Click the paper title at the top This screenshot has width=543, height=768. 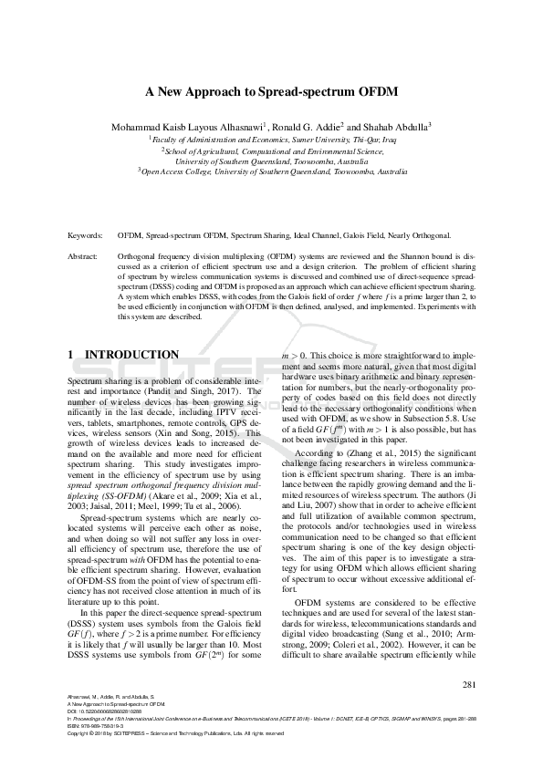pos(271,92)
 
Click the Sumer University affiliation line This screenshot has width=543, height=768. pos(271,138)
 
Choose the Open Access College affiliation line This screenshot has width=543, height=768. pos(271,171)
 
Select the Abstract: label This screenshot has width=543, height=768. pos(83,257)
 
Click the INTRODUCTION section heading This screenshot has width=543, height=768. pos(131,354)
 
